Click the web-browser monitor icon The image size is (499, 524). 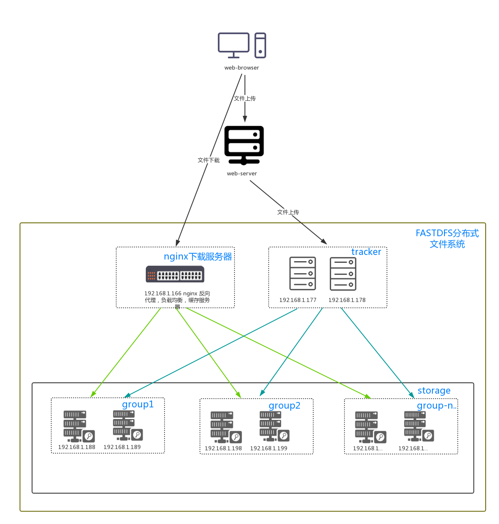[234, 45]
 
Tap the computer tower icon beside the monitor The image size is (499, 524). [260, 45]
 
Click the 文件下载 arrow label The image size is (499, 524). [209, 160]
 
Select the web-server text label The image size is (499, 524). [242, 173]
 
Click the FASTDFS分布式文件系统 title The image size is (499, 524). [447, 239]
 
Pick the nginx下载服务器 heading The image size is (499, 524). [198, 257]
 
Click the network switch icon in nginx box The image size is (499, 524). [175, 274]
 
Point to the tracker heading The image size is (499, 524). [366, 252]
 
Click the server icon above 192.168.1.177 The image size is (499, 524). [303, 274]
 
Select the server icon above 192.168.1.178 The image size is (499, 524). [343, 274]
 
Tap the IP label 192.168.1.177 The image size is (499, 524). [298, 300]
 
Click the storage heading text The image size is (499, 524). [434, 391]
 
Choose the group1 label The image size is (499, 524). [138, 404]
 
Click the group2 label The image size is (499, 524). [284, 406]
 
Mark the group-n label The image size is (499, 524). [437, 406]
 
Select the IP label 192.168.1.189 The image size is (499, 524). [122, 447]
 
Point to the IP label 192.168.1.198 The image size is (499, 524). [223, 448]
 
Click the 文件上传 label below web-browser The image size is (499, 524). [245, 98]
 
